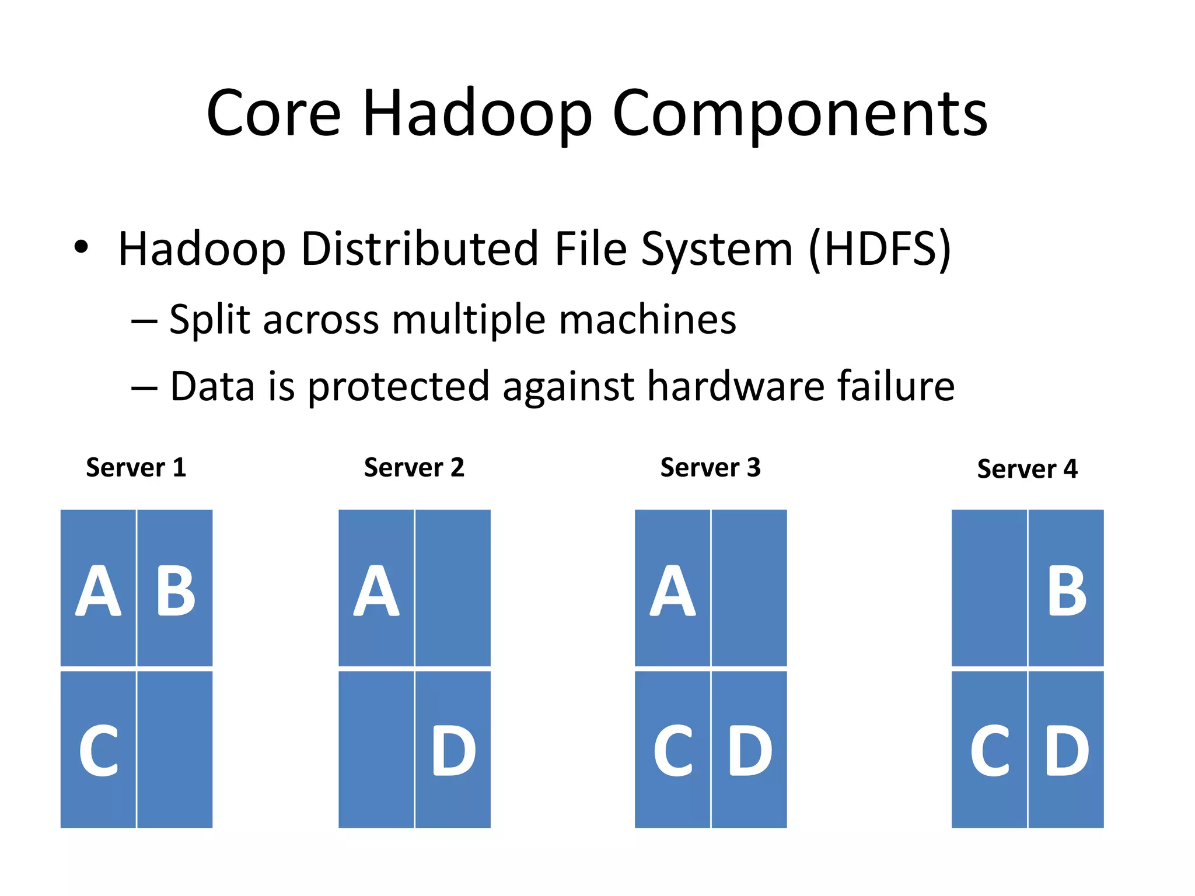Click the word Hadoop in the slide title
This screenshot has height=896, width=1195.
tap(477, 114)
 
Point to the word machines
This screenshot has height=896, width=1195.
tap(648, 320)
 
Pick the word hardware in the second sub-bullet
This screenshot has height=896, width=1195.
tap(735, 386)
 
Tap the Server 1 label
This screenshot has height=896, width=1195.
tap(136, 468)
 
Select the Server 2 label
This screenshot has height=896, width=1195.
tap(414, 468)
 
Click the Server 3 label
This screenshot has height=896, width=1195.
tap(710, 468)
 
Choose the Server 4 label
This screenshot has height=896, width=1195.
tap(1027, 469)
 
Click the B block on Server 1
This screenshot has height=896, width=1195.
tap(175, 588)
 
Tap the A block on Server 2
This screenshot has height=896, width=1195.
tap(376, 588)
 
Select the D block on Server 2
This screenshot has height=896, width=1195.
tap(453, 750)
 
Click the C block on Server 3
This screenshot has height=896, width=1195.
tap(673, 750)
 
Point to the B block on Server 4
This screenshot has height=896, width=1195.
tap(1066, 588)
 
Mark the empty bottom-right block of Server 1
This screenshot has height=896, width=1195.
tap(175, 750)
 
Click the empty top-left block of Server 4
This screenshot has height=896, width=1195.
tap(989, 588)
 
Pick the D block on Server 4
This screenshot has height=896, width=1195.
tap(1066, 750)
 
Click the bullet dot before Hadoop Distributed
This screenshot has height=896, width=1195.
tap(81, 247)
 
